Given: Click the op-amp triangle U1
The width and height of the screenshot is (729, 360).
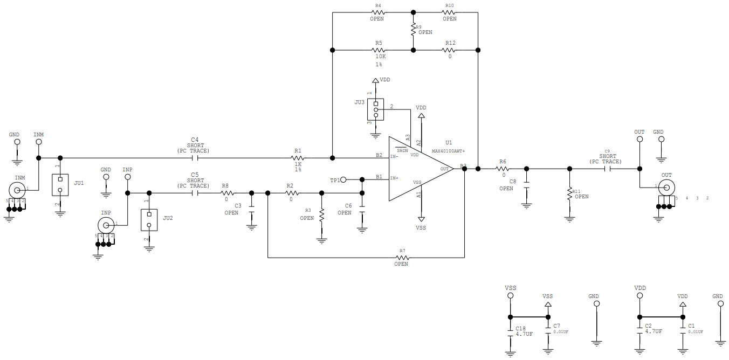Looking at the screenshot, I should [x=418, y=169].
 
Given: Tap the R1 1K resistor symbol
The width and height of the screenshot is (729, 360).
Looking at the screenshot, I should [x=298, y=158].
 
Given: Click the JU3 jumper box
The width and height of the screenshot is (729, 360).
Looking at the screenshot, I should [x=376, y=109].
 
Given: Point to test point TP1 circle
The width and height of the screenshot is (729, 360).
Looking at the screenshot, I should [x=343, y=179].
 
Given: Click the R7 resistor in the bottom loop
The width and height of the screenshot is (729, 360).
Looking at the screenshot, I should [x=401, y=258].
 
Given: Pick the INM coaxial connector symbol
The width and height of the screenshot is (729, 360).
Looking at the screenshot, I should [x=17, y=190].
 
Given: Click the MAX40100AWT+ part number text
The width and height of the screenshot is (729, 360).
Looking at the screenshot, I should [x=448, y=151].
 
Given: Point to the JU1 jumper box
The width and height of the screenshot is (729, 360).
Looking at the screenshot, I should [x=60, y=185].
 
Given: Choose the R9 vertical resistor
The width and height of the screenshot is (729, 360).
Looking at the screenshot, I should [x=413, y=29].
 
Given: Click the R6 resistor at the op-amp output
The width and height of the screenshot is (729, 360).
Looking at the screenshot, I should [x=503, y=169].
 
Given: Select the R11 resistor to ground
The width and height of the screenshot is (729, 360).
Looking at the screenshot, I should [x=569, y=194].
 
